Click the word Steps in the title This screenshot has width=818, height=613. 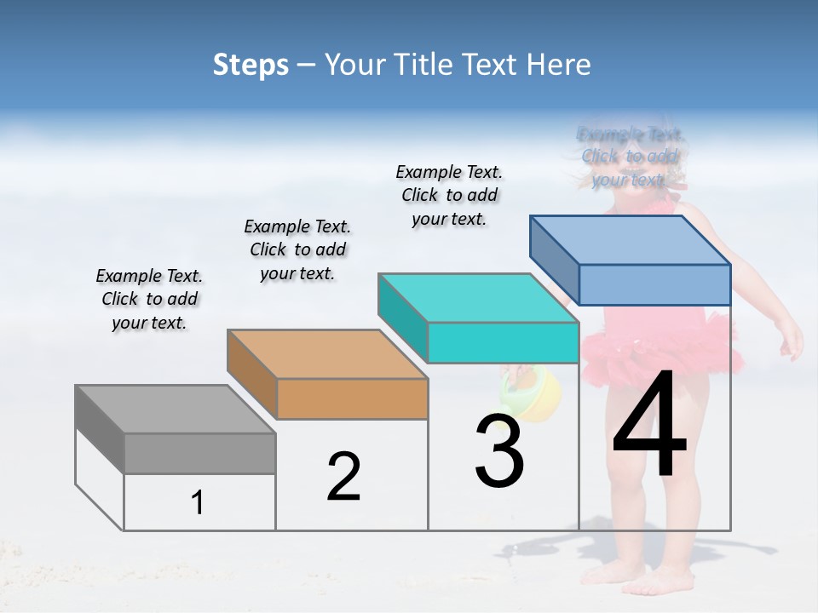coord(251,65)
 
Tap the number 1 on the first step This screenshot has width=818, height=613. coord(198,502)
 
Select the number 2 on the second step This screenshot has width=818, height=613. coord(343,477)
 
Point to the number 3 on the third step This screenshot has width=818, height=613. coord(499,451)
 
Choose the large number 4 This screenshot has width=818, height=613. coord(649,426)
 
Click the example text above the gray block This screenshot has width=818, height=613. coord(149,299)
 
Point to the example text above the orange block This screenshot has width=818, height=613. coord(297,249)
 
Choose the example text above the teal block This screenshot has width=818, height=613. coord(449,195)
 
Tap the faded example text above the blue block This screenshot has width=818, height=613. coord(630,157)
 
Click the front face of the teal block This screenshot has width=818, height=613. coord(503,342)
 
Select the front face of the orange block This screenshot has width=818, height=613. coord(352,398)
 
